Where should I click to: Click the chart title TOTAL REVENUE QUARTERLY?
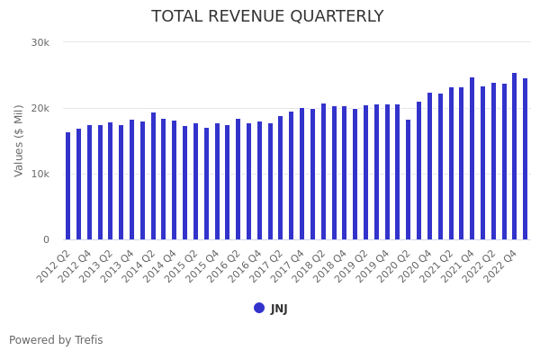(267, 17)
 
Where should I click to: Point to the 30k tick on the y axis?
(40, 42)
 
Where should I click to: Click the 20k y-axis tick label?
(40, 108)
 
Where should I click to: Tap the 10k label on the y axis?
(40, 174)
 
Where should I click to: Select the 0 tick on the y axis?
(46, 239)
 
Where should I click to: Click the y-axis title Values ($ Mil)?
(19, 140)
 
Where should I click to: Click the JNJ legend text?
(279, 309)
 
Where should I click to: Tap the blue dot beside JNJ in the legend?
(259, 308)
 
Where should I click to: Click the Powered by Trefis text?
(56, 340)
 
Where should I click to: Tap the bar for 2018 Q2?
(323, 172)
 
